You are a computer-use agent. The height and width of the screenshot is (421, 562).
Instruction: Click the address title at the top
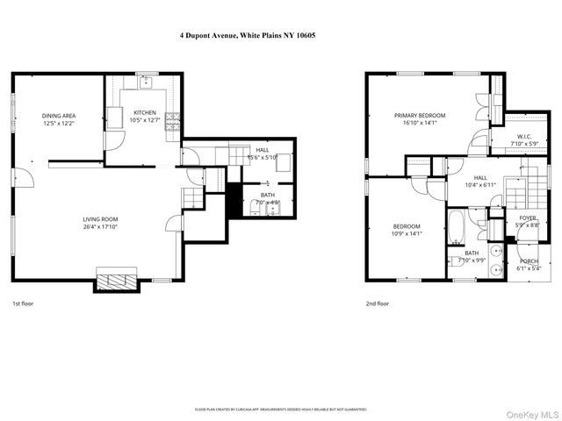tap(280, 35)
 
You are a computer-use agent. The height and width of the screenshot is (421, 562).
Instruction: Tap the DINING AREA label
tap(58, 119)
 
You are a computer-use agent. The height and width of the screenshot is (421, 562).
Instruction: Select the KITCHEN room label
tap(145, 117)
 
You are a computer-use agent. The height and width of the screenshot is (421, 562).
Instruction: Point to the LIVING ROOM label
tap(100, 224)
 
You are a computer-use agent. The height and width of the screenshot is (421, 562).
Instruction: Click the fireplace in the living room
tap(116, 282)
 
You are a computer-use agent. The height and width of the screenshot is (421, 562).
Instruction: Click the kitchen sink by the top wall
tap(145, 83)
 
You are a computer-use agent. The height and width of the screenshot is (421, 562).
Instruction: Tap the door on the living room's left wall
tap(24, 177)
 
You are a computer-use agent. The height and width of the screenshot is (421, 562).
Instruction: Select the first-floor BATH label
tap(267, 198)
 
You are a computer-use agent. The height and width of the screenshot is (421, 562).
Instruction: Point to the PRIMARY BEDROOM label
tap(420, 119)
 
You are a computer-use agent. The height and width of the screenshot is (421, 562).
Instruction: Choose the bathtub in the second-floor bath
tap(457, 225)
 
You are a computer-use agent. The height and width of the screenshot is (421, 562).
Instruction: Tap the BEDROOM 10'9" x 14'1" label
tap(406, 230)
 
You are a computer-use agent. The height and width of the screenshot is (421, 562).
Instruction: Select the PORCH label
tap(529, 265)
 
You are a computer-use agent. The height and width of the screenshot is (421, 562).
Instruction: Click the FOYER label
tap(527, 222)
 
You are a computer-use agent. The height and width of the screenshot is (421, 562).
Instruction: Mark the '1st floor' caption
tap(23, 303)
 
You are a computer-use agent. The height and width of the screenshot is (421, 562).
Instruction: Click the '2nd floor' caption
tap(378, 303)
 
